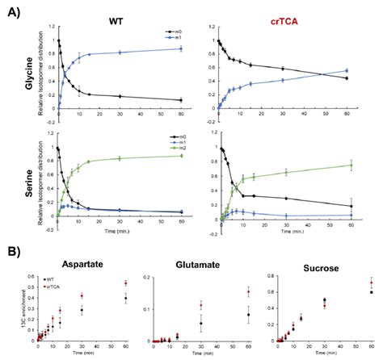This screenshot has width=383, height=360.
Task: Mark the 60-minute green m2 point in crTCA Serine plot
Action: tap(350, 165)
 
